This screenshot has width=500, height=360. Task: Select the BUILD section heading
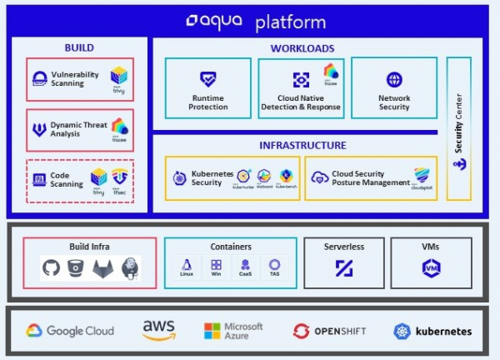[78, 48]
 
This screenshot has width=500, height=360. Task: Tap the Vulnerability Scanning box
[79, 79]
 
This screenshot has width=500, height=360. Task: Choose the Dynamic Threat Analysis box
[79, 129]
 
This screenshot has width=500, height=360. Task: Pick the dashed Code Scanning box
[79, 179]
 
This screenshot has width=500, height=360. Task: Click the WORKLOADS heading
[302, 48]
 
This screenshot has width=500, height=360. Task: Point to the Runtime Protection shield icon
[208, 80]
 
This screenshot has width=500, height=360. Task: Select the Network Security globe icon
[394, 80]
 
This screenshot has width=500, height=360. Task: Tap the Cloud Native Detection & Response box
[301, 87]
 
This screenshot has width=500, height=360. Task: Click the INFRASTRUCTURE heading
[302, 145]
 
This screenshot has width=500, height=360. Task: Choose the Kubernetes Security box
[231, 177]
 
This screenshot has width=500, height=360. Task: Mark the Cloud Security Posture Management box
[371, 177]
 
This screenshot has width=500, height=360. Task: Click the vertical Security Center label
[458, 129]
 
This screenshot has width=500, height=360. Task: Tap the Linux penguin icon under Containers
[187, 263]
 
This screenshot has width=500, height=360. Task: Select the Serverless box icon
[344, 267]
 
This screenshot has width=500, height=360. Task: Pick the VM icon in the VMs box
[431, 267]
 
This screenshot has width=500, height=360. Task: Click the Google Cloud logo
[69, 331]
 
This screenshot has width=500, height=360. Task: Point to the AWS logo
[158, 330]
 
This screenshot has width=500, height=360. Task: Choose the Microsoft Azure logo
[233, 331]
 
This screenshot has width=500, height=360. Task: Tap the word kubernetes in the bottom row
[442, 331]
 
